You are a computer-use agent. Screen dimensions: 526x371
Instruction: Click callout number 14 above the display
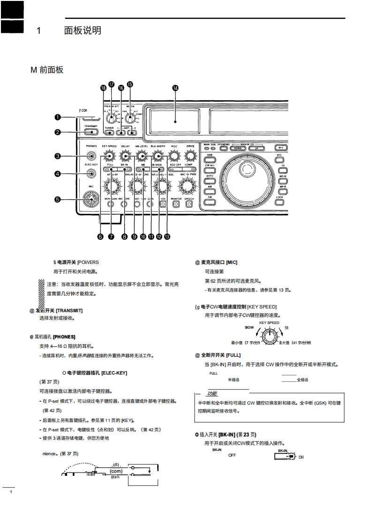pos(175,88)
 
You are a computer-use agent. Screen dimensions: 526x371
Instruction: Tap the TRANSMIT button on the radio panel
pos(91,132)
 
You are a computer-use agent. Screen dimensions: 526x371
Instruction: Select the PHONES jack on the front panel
pos(91,156)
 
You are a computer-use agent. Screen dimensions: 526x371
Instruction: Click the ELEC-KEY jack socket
pos(91,174)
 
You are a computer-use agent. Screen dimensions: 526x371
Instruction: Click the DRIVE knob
pos(190,156)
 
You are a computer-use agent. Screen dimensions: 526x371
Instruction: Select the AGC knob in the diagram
pos(174,156)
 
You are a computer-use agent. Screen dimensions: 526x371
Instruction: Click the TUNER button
pos(109,132)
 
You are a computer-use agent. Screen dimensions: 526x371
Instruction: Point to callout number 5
pos(57,199)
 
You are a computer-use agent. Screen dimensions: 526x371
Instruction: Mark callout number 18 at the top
pos(103,88)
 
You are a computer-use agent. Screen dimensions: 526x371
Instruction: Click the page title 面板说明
pos(83,31)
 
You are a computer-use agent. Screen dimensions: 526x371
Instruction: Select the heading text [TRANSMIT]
pos(69,310)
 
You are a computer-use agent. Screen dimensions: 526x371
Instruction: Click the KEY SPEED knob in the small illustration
pos(269,335)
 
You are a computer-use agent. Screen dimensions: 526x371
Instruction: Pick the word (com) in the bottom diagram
pos(116,471)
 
